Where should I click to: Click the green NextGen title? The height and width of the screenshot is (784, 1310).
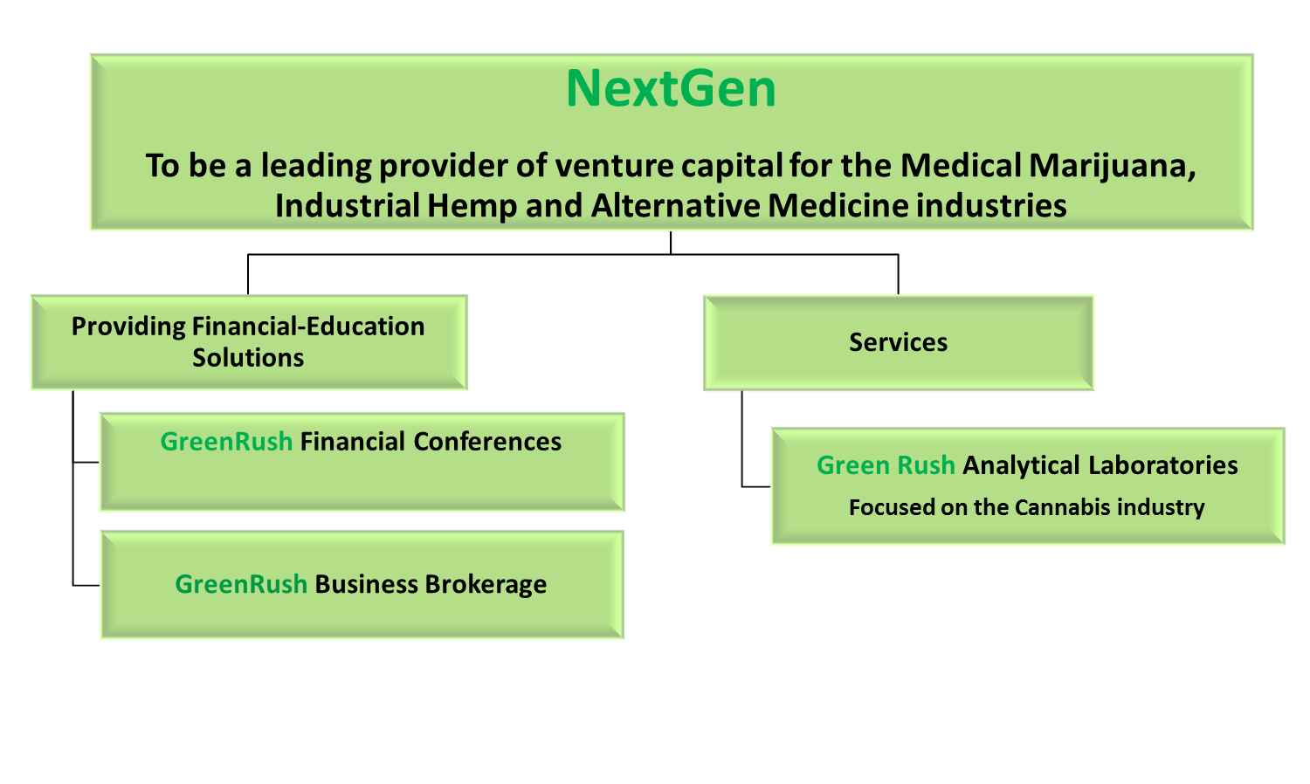tap(671, 89)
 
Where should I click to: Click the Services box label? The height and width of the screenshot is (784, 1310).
tap(899, 342)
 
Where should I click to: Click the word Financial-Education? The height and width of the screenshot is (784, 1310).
tap(308, 327)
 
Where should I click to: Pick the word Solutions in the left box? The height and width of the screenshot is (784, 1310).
tap(248, 358)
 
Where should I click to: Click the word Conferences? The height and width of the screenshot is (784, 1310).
tap(487, 442)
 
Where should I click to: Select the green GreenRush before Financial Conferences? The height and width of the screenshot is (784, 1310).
tap(226, 442)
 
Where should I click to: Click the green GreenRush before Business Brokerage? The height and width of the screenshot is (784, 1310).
tap(241, 584)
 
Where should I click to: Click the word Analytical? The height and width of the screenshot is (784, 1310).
tap(1021, 466)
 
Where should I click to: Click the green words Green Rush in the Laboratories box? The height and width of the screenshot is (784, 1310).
tap(886, 465)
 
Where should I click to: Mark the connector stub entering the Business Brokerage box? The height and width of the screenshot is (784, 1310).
tap(86, 585)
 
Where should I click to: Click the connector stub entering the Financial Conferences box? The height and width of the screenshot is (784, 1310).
tap(86, 463)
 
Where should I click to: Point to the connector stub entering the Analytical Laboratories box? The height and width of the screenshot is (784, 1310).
tap(756, 486)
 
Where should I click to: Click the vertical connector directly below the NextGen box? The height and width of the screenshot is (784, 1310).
tap(671, 243)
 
